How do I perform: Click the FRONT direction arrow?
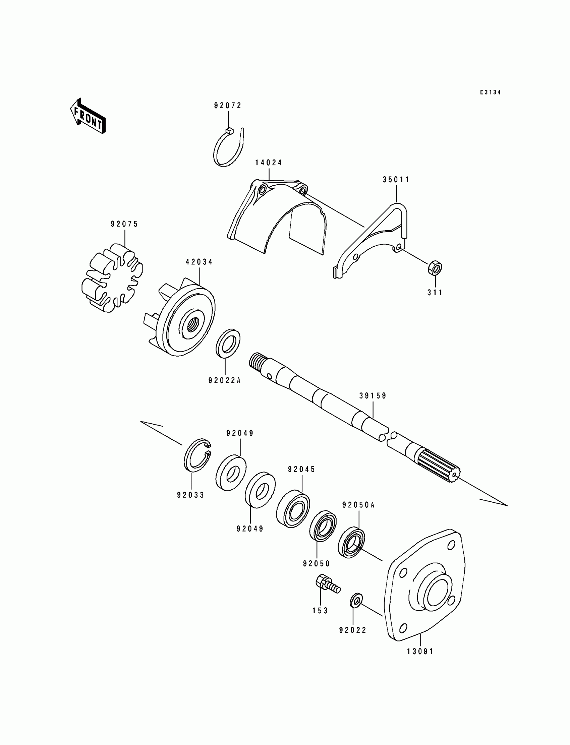tap(88, 116)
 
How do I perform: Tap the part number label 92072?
tap(228, 106)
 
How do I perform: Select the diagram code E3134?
tap(490, 92)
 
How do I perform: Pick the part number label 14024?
tap(268, 163)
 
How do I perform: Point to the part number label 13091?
tap(420, 651)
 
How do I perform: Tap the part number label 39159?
tap(373, 396)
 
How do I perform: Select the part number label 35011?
tap(396, 180)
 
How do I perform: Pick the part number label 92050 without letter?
tap(316, 564)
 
